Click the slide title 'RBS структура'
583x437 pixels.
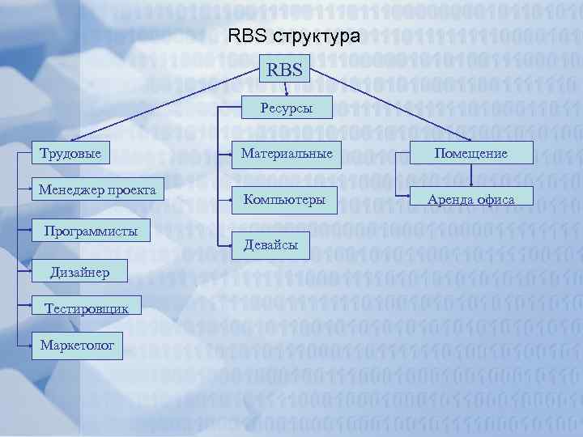(295, 36)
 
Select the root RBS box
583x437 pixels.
(284, 70)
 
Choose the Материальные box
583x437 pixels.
(282, 153)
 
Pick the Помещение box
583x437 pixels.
(470, 153)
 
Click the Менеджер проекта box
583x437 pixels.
(97, 190)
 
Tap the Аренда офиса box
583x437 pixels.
(470, 199)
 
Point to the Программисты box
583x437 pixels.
(91, 232)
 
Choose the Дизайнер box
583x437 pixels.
(79, 271)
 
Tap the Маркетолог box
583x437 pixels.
(78, 346)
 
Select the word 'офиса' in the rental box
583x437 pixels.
(496, 199)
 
